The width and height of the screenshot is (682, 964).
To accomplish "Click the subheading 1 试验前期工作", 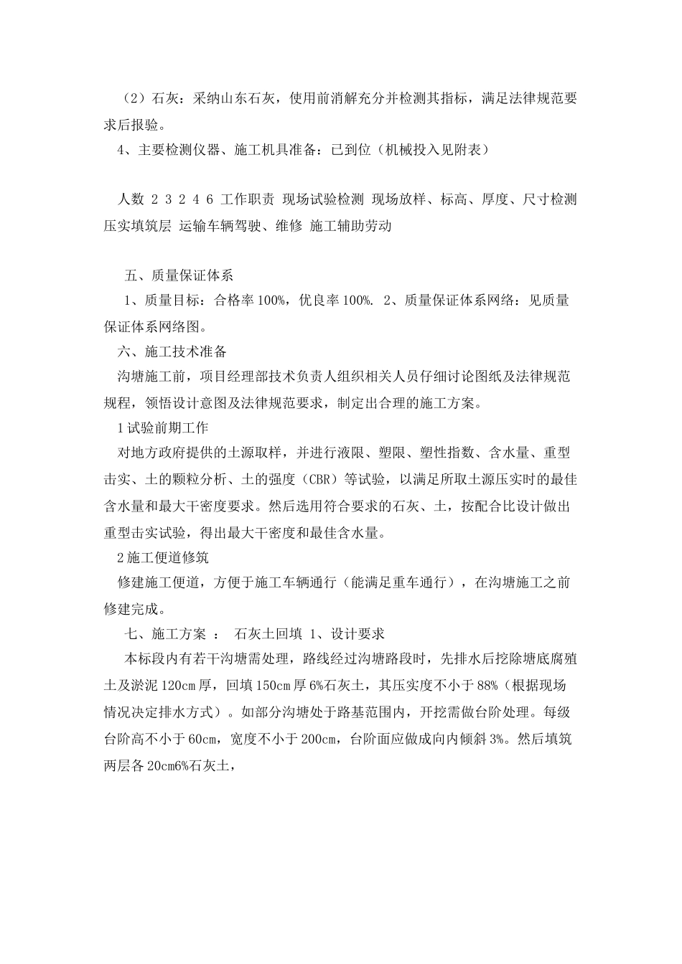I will click(162, 428).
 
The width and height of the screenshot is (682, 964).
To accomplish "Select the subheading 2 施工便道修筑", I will click(162, 557).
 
